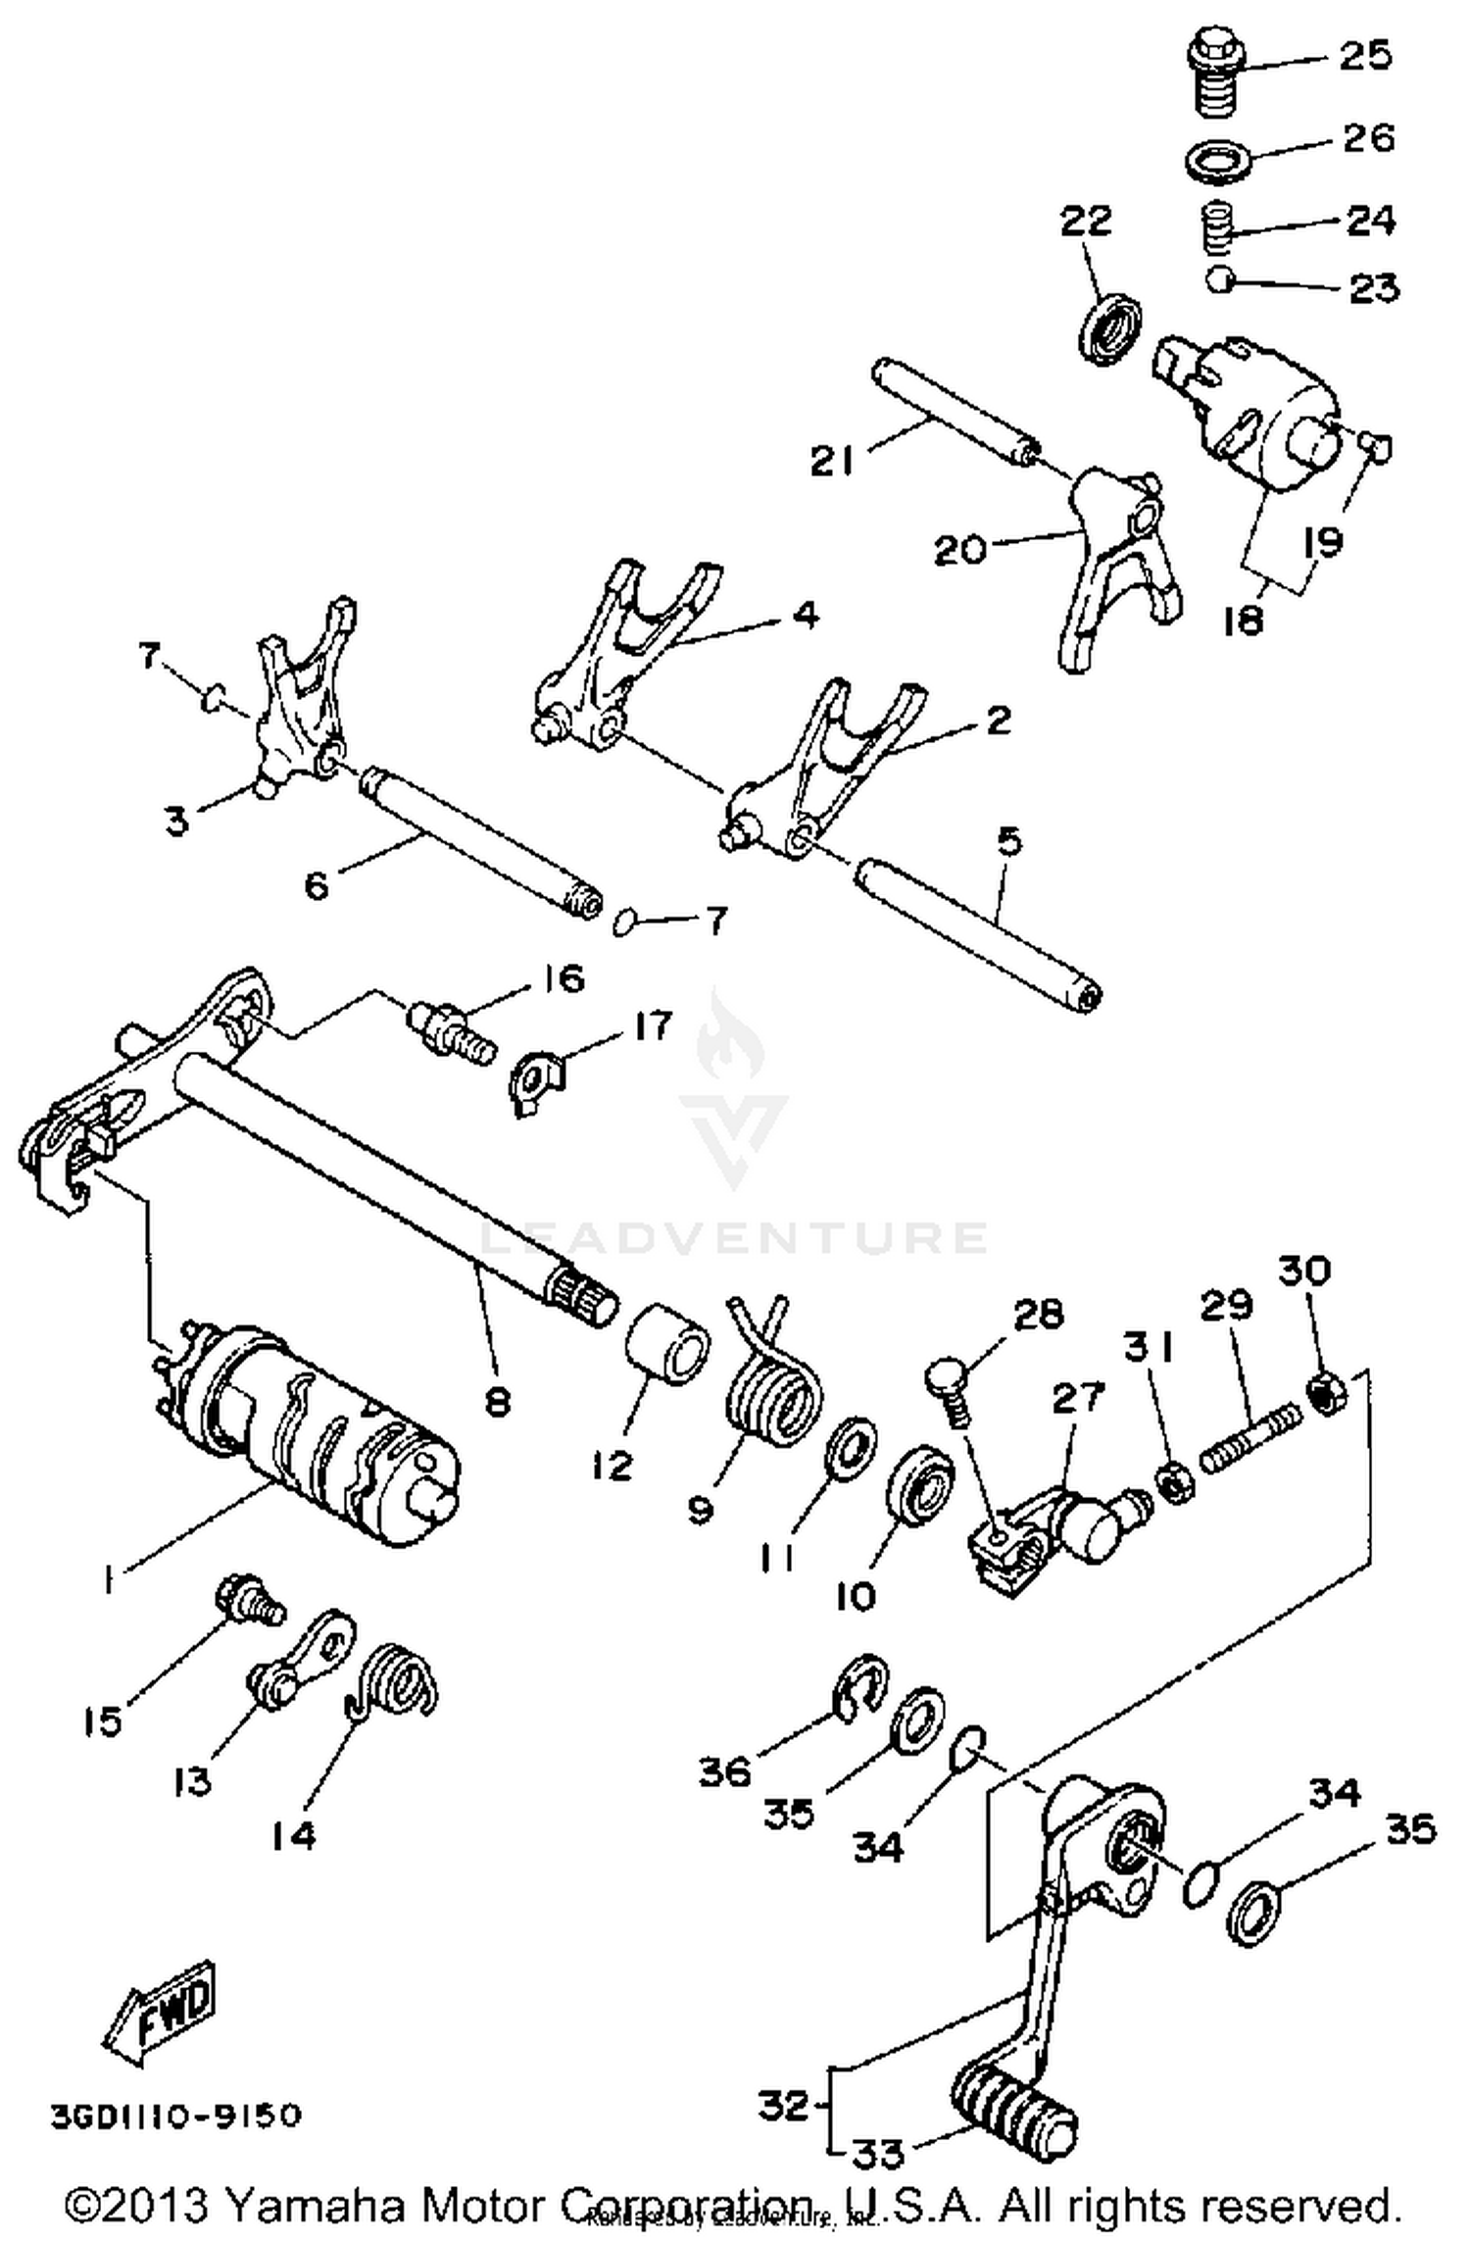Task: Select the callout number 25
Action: click(1364, 56)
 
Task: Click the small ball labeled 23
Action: click(1218, 280)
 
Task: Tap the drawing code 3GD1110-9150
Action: click(176, 2116)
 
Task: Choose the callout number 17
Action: click(652, 1026)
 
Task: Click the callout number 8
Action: click(497, 1403)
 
